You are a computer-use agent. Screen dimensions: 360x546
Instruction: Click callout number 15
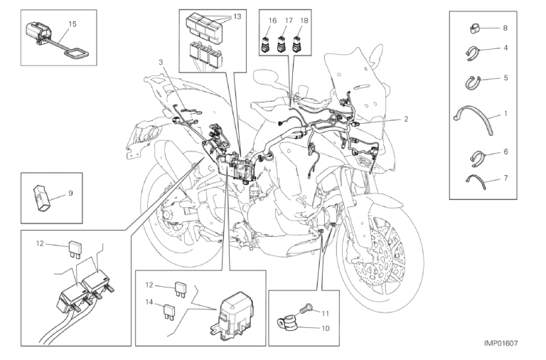[x=73, y=23]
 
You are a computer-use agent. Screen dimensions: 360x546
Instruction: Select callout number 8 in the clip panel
[x=504, y=28]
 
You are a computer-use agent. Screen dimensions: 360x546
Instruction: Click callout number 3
[x=161, y=63]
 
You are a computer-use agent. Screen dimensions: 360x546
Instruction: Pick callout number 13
[x=237, y=16]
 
